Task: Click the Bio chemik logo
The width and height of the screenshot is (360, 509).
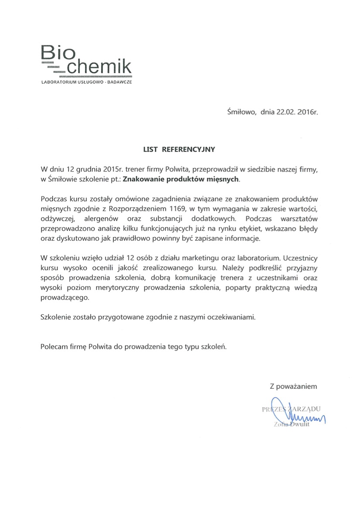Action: (85, 60)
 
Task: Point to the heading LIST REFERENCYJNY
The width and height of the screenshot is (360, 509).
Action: (179, 149)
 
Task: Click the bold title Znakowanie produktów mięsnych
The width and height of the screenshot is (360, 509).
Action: (181, 179)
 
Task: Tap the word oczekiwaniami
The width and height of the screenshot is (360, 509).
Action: (231, 317)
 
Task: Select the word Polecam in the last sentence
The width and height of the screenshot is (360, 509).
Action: (53, 347)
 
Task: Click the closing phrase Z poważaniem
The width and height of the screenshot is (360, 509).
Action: (293, 385)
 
